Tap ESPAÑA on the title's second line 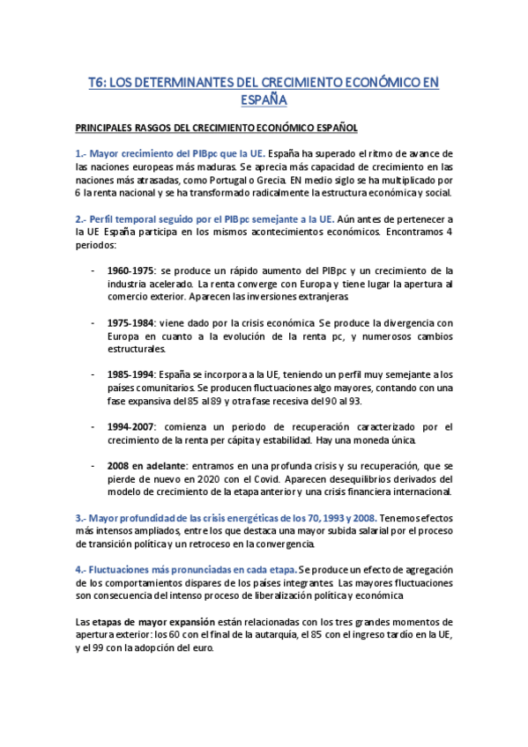(x=264, y=100)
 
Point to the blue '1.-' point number (x=82, y=153)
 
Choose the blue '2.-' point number (x=82, y=218)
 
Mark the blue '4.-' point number (x=82, y=570)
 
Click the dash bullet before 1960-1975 (x=93, y=270)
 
